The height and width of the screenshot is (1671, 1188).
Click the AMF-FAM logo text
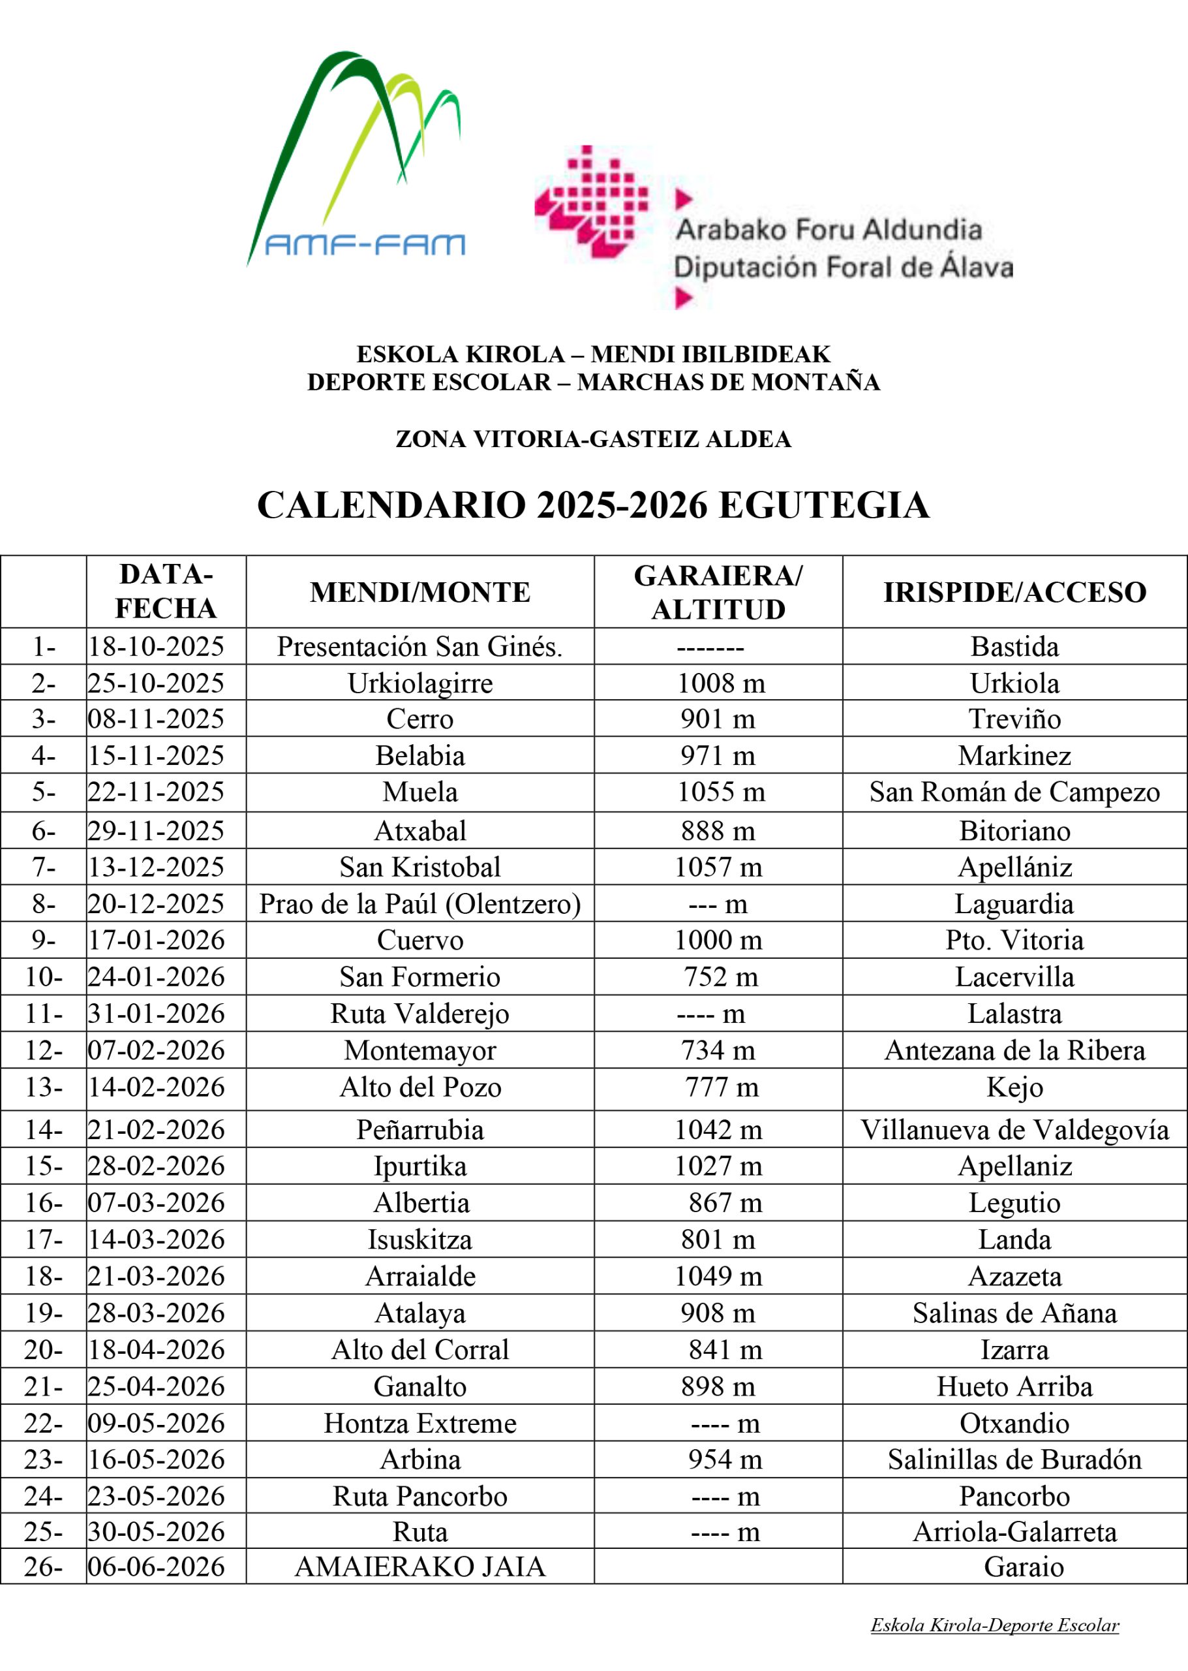pyautogui.click(x=364, y=245)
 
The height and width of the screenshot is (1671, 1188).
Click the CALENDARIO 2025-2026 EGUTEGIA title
pyautogui.click(x=593, y=506)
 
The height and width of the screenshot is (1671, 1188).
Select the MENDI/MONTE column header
pyautogui.click(x=420, y=592)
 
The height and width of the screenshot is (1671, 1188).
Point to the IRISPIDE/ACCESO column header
pyautogui.click(x=1014, y=592)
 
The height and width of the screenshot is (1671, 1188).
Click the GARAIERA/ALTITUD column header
pyautogui.click(x=718, y=592)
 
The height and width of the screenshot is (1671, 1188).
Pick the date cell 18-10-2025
pyautogui.click(x=157, y=646)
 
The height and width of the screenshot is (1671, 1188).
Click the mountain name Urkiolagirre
pyautogui.click(x=420, y=683)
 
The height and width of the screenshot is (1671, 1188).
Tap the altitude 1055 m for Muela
pyautogui.click(x=720, y=792)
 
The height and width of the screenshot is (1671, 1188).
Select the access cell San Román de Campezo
pyautogui.click(x=1014, y=792)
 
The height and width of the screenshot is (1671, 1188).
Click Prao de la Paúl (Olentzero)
pyautogui.click(x=420, y=904)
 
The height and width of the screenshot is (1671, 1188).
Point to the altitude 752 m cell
pyautogui.click(x=720, y=977)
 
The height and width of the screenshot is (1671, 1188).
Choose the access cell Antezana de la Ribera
pyautogui.click(x=1014, y=1050)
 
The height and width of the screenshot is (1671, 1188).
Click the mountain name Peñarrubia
pyautogui.click(x=420, y=1129)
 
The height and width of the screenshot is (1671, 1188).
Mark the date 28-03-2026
pyautogui.click(x=157, y=1313)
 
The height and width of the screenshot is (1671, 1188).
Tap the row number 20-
pyautogui.click(x=43, y=1349)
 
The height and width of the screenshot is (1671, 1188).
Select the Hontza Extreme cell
pyautogui.click(x=420, y=1423)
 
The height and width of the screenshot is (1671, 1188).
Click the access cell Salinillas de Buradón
pyautogui.click(x=1014, y=1460)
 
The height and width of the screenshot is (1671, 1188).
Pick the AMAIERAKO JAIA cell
pyautogui.click(x=420, y=1567)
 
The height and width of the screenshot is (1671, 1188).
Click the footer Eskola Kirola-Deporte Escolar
pyautogui.click(x=994, y=1625)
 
